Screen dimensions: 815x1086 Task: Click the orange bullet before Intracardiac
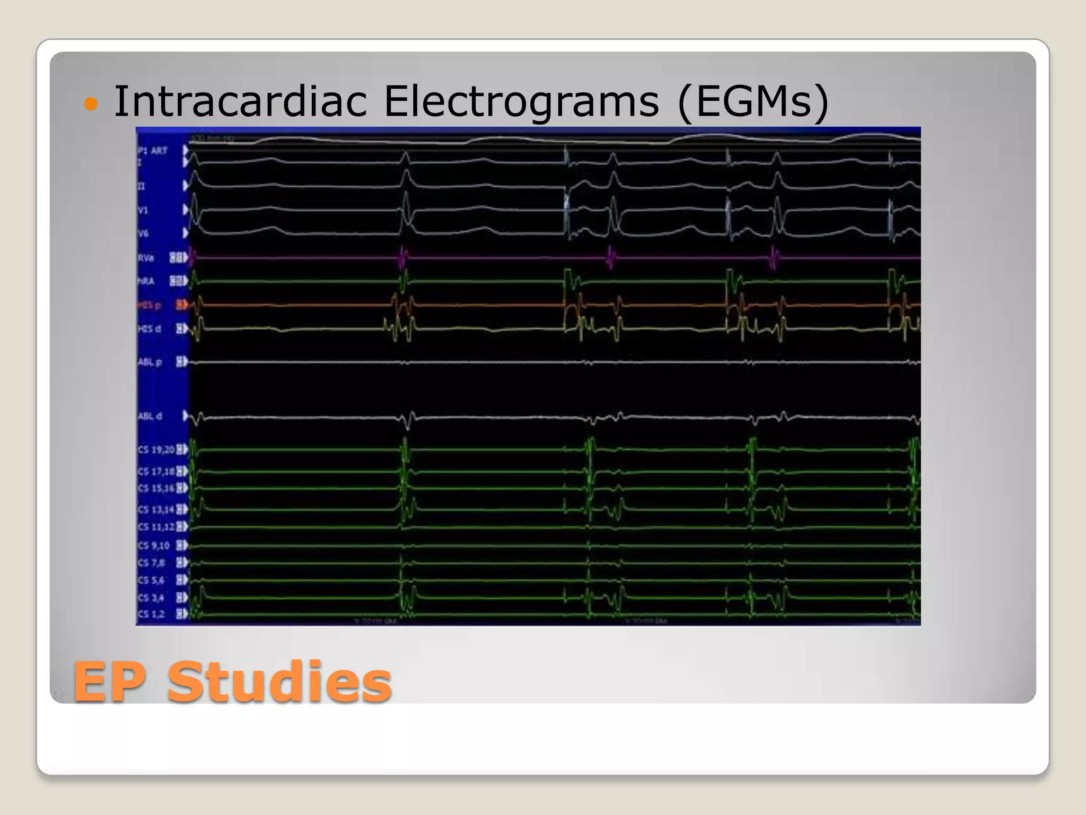click(x=91, y=103)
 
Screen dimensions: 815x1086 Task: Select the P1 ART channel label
click(x=153, y=151)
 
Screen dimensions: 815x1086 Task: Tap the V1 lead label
click(x=143, y=210)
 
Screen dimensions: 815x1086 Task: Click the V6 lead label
click(x=143, y=233)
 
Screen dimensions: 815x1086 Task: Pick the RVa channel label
click(x=146, y=258)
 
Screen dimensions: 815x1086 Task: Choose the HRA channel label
click(x=146, y=281)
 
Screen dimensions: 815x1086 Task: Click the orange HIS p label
click(x=149, y=305)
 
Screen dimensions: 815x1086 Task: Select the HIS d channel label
click(x=149, y=329)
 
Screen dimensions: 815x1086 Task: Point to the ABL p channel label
click(x=150, y=362)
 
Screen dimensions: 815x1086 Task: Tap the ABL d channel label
click(x=150, y=416)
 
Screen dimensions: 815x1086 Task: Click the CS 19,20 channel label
click(x=156, y=449)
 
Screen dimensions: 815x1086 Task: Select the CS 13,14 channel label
click(x=156, y=509)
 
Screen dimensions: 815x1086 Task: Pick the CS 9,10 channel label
click(x=153, y=545)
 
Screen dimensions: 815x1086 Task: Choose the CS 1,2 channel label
click(x=151, y=614)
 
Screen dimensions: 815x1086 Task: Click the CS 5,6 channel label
click(x=151, y=580)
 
